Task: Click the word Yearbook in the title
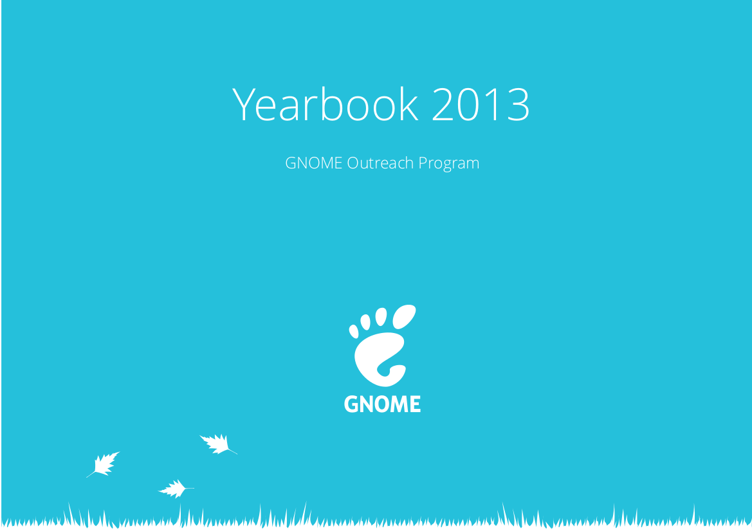pyautogui.click(x=326, y=104)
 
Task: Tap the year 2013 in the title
pyautogui.click(x=481, y=105)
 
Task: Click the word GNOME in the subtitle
pyautogui.click(x=314, y=163)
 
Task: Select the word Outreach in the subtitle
pyautogui.click(x=380, y=163)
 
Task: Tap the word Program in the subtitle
pyautogui.click(x=449, y=164)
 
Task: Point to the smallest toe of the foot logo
pyautogui.click(x=354, y=331)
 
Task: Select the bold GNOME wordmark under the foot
pyautogui.click(x=382, y=404)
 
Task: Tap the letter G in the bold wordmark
pyautogui.click(x=351, y=404)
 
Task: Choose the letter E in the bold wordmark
pyautogui.click(x=416, y=404)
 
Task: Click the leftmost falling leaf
pyautogui.click(x=104, y=464)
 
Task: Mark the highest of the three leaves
pyautogui.click(x=217, y=444)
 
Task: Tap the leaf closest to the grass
pyautogui.click(x=176, y=489)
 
